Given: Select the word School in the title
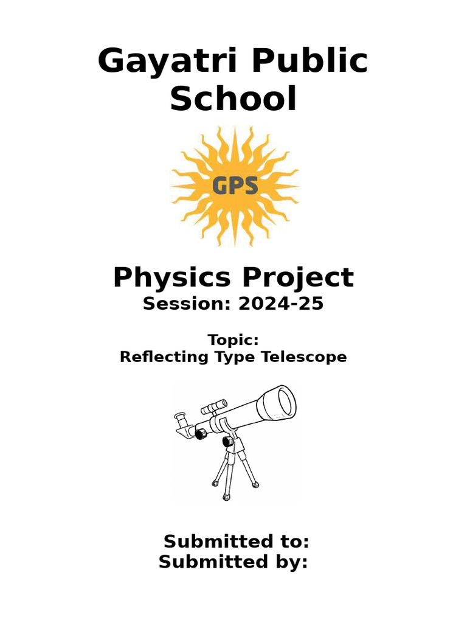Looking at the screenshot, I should click(x=233, y=99).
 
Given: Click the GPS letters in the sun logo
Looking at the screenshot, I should click(x=235, y=185).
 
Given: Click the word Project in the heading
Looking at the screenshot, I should click(x=299, y=278).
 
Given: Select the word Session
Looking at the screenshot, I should click(x=183, y=304).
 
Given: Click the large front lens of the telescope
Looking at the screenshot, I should click(x=285, y=402).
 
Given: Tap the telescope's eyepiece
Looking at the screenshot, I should click(x=181, y=420).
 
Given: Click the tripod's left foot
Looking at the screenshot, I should click(x=215, y=483).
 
